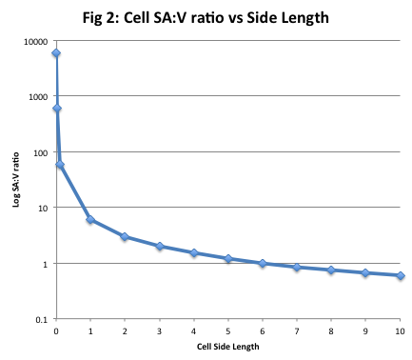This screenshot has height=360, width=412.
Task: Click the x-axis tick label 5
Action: pyautogui.click(x=228, y=330)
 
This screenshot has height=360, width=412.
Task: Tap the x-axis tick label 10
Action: pyautogui.click(x=400, y=330)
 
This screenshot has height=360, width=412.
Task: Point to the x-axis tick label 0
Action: pyautogui.click(x=56, y=330)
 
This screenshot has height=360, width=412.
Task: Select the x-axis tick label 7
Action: pyautogui.click(x=297, y=330)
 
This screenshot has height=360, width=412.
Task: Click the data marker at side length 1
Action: pyautogui.click(x=90, y=220)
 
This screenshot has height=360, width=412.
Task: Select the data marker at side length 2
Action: pyautogui.click(x=125, y=236)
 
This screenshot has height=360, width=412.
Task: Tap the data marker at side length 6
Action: pyautogui.click(x=263, y=263)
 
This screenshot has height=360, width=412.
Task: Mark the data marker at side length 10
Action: pyautogui.click(x=400, y=275)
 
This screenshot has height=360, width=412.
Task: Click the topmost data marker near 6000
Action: pyautogui.click(x=56, y=53)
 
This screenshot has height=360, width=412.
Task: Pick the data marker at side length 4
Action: pyautogui.click(x=194, y=253)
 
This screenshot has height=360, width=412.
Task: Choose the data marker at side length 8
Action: pyautogui.click(x=331, y=270)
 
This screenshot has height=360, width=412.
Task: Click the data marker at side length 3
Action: pyautogui.click(x=160, y=246)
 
